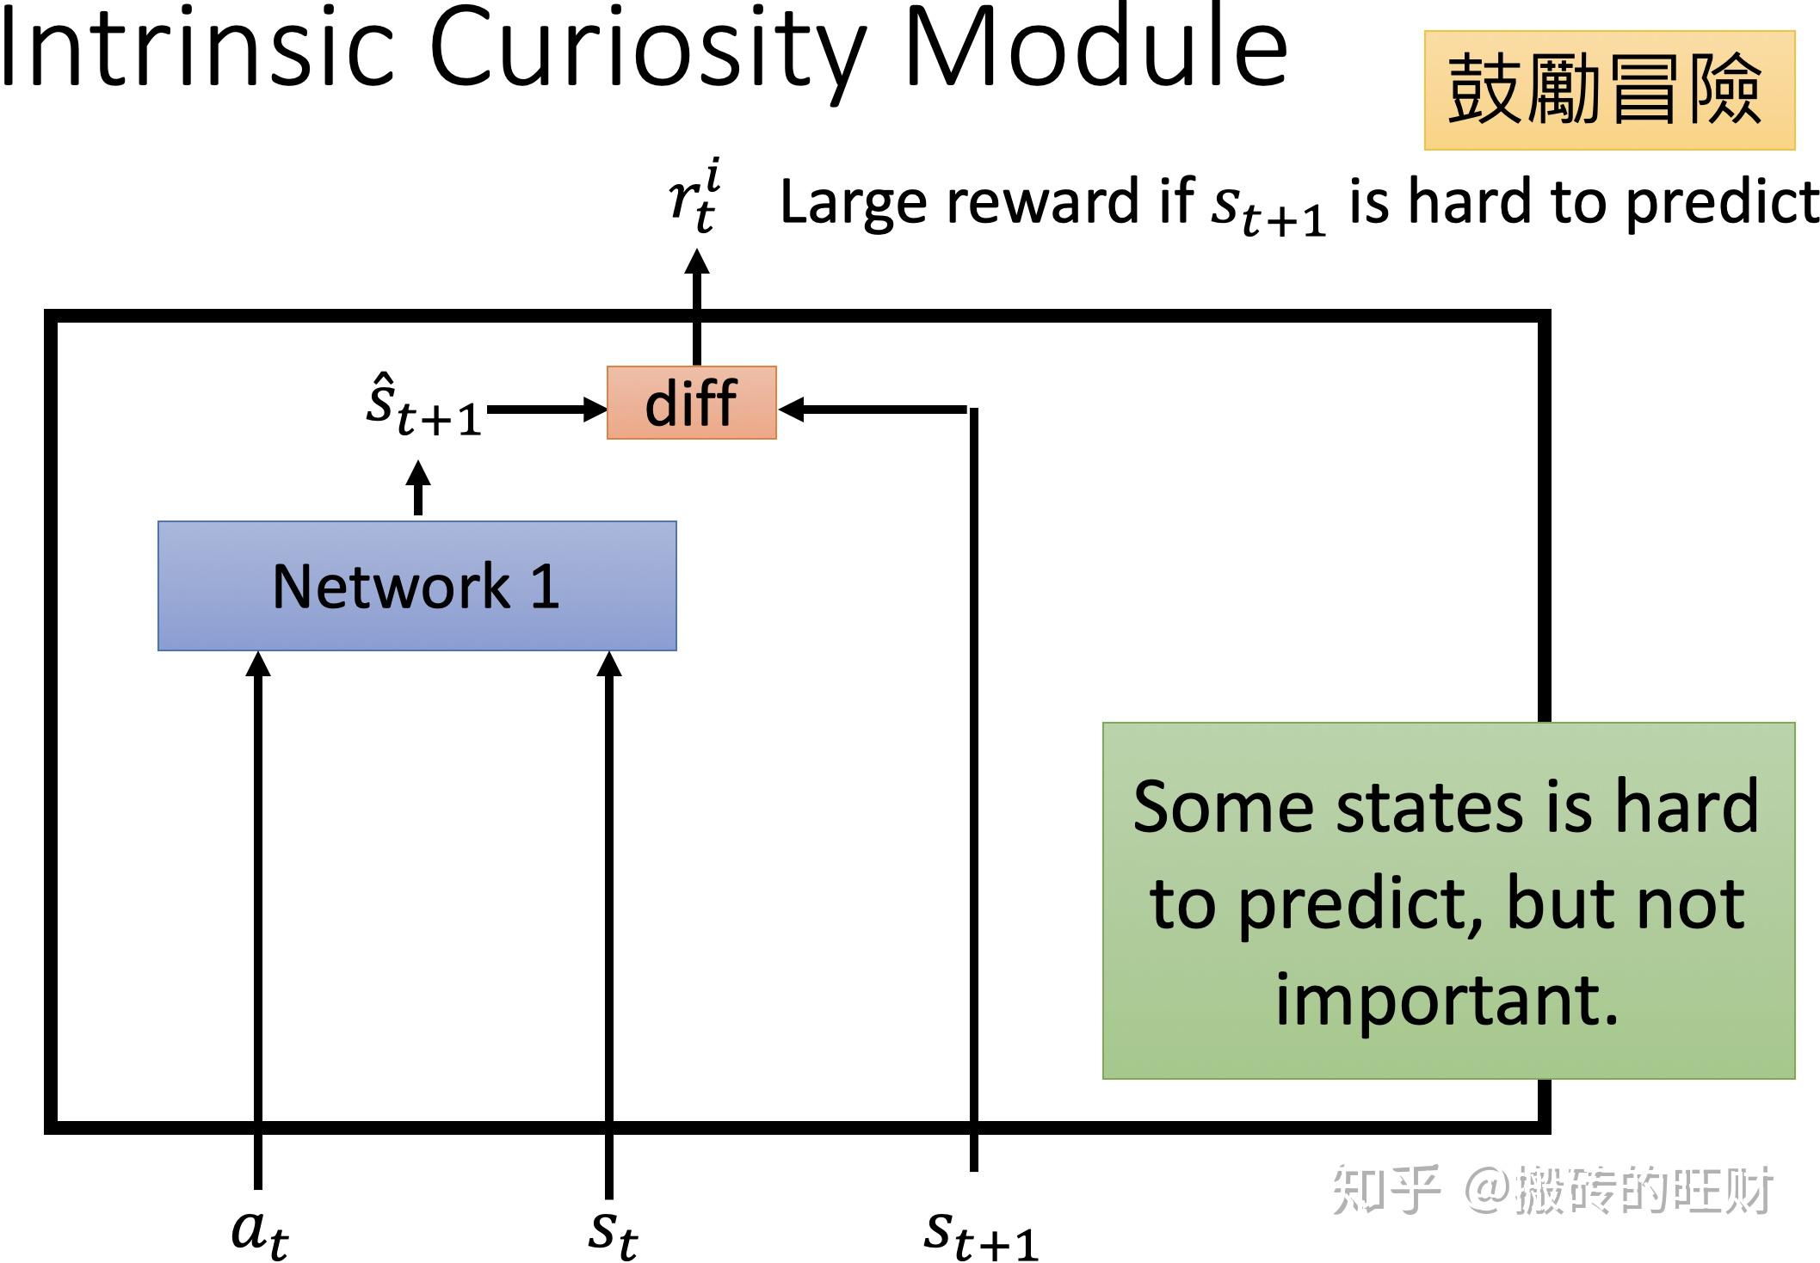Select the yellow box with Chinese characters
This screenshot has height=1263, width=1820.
point(1608,90)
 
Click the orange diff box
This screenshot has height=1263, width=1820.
point(691,403)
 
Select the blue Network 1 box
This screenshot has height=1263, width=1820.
point(416,586)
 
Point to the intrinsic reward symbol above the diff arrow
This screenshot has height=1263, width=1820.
point(694,198)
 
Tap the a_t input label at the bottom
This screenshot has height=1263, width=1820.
point(259,1231)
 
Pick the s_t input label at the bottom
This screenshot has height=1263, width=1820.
point(612,1231)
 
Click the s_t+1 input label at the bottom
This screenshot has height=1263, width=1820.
point(980,1233)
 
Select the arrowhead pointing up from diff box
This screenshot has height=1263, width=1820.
point(697,262)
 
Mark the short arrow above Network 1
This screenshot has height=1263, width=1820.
point(418,487)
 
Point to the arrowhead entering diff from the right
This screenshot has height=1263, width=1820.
point(792,410)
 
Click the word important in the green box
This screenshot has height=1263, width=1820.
point(1447,1000)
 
